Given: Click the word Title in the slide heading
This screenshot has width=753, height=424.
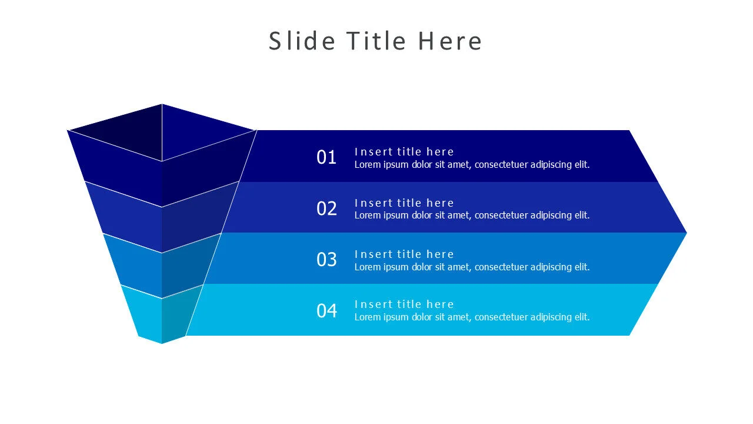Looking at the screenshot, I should click(376, 41).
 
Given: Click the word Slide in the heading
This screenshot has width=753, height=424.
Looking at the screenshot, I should click(302, 41).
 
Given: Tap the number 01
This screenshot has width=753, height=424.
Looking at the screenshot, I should click(326, 157).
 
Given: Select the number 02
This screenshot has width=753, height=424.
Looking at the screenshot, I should click(326, 208).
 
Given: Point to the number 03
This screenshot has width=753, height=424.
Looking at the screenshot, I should click(326, 260).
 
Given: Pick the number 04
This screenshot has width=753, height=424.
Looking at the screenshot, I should click(326, 311).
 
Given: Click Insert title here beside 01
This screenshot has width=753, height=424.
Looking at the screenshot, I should click(404, 152).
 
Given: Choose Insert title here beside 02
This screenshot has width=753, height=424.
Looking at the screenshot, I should click(404, 203).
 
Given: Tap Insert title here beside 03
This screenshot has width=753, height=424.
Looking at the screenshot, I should click(404, 254).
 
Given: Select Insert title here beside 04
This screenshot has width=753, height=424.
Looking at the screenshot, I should click(404, 304).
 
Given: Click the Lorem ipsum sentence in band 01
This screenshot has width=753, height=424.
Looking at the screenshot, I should click(472, 165).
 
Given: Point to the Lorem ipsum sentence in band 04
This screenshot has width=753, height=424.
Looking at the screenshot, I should click(472, 317).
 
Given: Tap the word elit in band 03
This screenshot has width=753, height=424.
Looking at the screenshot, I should click(582, 267).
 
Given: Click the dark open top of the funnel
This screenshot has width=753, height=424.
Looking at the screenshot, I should click(162, 131).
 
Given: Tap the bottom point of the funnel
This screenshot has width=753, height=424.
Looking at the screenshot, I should click(162, 342).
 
